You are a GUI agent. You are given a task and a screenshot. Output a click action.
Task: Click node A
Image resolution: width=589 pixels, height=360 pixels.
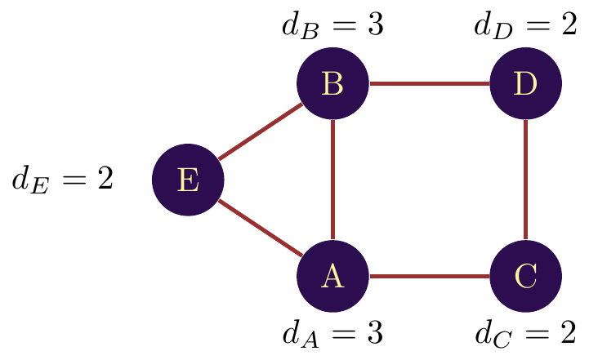pos(332,276)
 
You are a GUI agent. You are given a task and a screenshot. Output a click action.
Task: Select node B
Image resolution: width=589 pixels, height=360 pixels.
pos(332,83)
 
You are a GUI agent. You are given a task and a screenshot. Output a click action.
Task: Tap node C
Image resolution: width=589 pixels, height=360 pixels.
pos(525,276)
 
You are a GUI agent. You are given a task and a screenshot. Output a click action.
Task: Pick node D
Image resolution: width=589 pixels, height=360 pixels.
pos(525,83)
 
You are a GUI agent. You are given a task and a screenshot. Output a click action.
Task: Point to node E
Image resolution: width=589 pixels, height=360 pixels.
pos(188,180)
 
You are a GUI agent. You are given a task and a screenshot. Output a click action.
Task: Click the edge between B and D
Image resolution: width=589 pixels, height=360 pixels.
pos(429,83)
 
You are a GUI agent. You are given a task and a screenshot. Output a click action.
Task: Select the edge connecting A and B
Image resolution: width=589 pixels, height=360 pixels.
pos(332,180)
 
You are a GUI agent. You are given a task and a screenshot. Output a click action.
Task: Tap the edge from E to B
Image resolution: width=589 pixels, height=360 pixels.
pos(260,131)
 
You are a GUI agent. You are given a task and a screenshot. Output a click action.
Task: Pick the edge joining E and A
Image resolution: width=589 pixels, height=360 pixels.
pos(260,228)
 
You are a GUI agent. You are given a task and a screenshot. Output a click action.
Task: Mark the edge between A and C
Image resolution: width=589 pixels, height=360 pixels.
pos(429,276)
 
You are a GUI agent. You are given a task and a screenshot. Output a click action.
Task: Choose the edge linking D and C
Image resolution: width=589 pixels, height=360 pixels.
pos(525,180)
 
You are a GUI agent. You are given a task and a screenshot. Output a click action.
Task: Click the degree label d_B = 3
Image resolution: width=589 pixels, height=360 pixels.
pos(332,26)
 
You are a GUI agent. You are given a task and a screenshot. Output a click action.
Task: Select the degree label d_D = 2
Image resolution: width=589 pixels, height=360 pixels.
pos(525,26)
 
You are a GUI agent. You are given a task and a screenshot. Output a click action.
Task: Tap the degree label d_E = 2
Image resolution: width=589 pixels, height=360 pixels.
pos(62,180)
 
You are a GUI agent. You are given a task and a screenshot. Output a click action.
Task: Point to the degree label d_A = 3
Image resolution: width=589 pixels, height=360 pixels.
pos(332,333)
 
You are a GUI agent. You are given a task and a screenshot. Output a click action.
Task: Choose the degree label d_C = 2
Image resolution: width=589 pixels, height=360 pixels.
pos(525,333)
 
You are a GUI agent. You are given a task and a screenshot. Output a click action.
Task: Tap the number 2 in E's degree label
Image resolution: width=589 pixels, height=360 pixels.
pos(105,179)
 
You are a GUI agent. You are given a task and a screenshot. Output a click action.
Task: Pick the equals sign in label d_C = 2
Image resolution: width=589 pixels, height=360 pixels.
pos(536,332)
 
